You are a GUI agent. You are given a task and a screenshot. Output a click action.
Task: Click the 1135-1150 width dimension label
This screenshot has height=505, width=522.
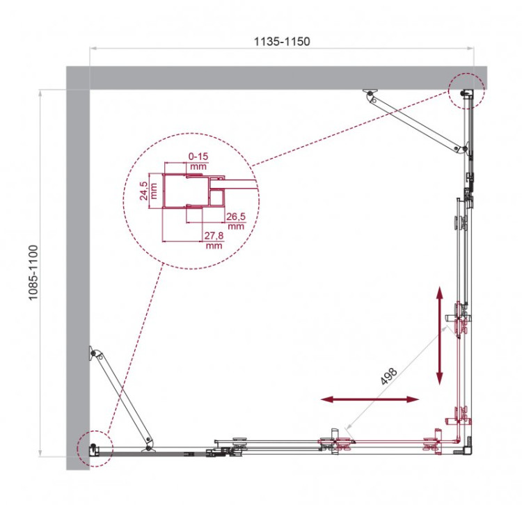[x=282, y=41]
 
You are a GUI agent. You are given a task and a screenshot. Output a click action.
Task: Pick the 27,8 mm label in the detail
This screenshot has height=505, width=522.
[x=214, y=240]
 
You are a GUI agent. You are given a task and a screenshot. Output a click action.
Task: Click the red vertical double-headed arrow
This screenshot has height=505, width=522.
[x=439, y=335]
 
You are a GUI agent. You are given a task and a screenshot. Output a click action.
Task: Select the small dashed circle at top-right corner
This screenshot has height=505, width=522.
[x=466, y=90]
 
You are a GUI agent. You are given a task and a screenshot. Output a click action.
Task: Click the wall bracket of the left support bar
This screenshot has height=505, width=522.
[x=92, y=355]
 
